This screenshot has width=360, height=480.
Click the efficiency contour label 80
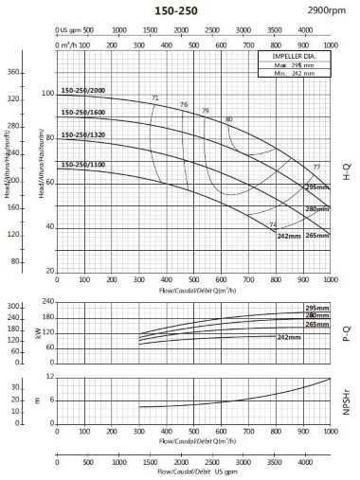[228, 119]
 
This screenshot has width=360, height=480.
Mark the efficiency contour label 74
[274, 224]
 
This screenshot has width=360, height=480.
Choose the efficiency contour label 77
[316, 168]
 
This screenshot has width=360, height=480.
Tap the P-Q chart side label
[347, 330]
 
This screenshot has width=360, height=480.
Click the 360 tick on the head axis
[13, 73]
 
